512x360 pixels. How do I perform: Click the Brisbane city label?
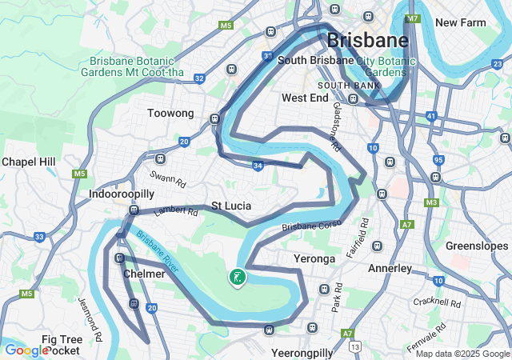(x=367, y=40)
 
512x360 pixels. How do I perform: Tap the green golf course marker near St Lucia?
(x=237, y=278)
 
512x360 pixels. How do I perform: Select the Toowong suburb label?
(x=170, y=114)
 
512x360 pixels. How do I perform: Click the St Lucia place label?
(x=231, y=206)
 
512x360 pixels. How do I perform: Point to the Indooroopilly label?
(x=121, y=194)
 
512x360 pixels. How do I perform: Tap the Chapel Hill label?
(x=28, y=162)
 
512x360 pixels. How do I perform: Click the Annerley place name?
(x=390, y=268)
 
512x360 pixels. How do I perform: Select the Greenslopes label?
(x=477, y=246)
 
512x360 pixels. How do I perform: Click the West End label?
(x=305, y=98)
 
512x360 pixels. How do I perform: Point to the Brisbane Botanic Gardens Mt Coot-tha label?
(x=138, y=66)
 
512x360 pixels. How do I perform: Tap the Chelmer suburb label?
(x=144, y=274)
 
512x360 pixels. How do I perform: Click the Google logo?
(x=26, y=350)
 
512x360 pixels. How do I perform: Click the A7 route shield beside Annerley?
(x=406, y=225)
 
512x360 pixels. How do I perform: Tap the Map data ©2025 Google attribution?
(x=462, y=354)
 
